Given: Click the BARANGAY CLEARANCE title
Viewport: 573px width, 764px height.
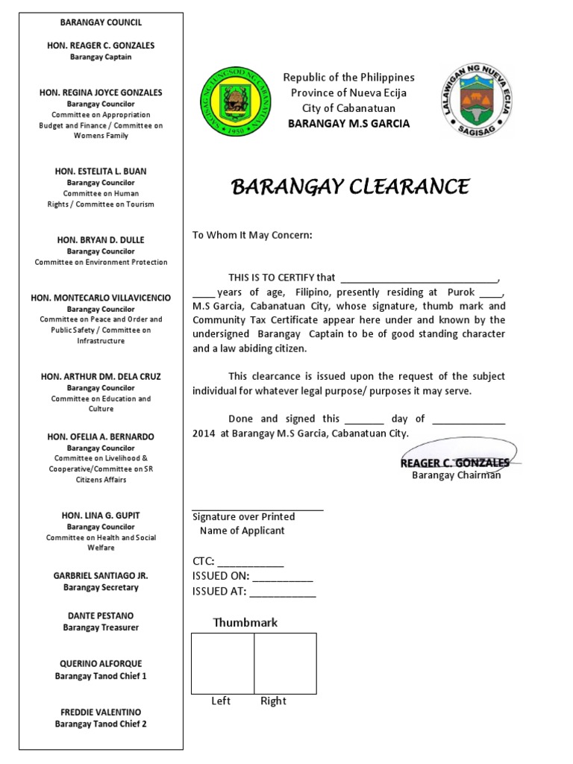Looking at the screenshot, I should (350, 187).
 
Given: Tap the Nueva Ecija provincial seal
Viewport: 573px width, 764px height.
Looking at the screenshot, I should (475, 101).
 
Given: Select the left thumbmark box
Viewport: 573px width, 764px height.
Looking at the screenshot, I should (222, 663).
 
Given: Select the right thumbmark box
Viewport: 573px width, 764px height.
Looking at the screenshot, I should (285, 663).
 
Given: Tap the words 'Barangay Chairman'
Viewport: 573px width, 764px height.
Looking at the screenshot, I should (456, 475).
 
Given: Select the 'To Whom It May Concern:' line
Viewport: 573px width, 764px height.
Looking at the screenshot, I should (252, 235).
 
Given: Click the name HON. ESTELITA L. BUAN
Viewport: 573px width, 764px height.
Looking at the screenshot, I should (101, 172).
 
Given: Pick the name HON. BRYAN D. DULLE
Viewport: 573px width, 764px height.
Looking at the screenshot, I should (101, 240).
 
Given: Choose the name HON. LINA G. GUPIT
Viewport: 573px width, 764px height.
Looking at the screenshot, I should (101, 516).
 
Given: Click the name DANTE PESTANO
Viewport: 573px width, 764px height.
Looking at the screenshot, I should (101, 616).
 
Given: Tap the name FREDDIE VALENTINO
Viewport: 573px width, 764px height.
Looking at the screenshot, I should (101, 713).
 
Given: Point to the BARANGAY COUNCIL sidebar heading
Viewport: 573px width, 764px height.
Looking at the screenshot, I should (101, 23).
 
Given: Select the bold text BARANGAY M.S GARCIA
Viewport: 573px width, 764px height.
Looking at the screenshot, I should (348, 124).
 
